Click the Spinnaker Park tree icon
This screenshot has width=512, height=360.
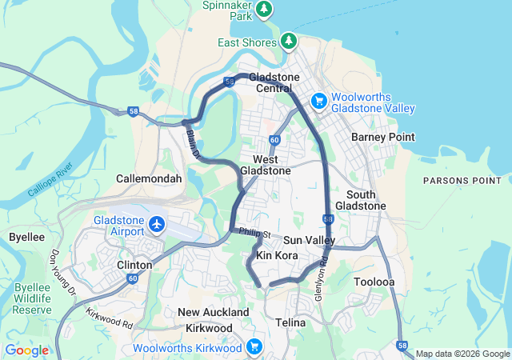coord(265,9)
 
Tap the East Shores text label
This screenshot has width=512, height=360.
coord(247,42)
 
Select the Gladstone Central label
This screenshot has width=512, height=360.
coord(274,82)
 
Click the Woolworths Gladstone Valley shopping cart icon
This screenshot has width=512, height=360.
coord(318,100)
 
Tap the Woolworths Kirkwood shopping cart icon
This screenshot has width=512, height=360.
coord(254,346)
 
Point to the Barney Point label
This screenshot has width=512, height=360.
coord(383,137)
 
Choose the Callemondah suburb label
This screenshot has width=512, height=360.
coord(149,179)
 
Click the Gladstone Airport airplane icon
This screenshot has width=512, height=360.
coord(156,225)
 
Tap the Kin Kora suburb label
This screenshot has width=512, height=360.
coord(276,255)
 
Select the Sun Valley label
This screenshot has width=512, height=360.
coord(309,240)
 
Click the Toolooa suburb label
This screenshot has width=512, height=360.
coord(374,282)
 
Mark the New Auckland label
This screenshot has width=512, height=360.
coord(213,311)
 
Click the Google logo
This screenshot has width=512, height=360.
coord(26,350)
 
